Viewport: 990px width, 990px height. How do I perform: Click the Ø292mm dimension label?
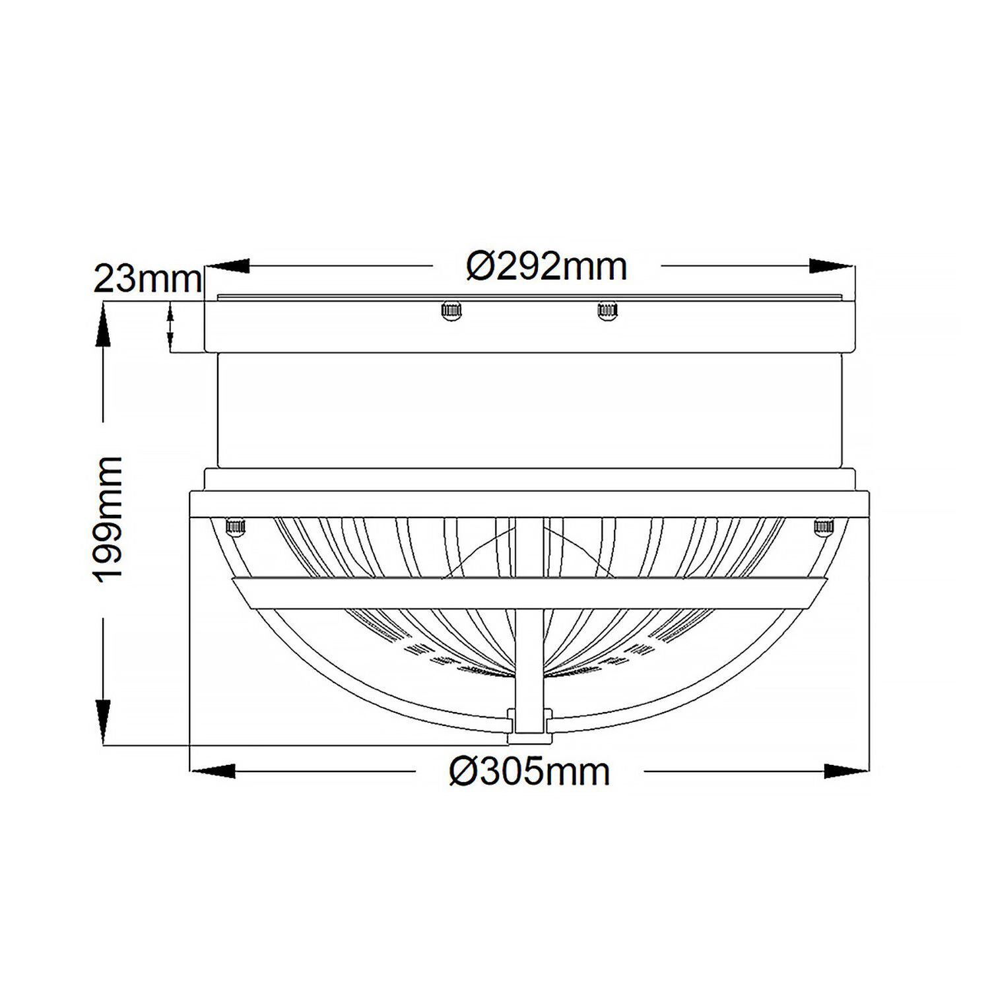[546, 267]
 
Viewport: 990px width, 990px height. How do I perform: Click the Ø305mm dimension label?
[529, 771]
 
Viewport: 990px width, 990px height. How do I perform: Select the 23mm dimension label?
[147, 279]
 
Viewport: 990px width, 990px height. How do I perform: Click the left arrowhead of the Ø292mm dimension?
[228, 266]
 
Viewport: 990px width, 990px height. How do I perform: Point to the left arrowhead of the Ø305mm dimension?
[213, 771]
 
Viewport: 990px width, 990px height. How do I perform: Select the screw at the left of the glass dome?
[235, 526]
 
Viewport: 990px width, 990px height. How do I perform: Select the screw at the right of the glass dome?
[823, 526]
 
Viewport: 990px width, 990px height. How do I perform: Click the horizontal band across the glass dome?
[529, 592]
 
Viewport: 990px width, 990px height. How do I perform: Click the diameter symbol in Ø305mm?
[464, 771]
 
